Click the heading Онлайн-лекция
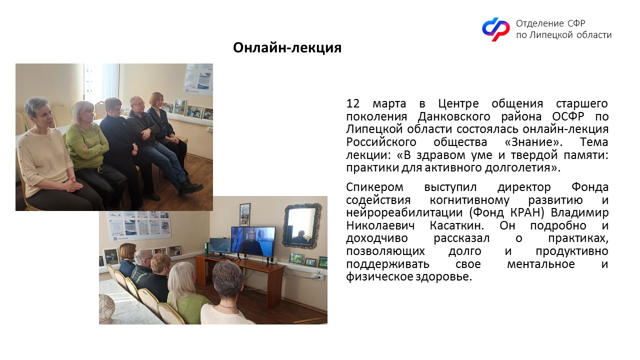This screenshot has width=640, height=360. [x=287, y=47]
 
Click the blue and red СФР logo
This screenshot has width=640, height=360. [x=495, y=29]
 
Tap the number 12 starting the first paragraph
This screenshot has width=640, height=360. [x=353, y=103]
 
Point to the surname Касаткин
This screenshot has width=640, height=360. [x=457, y=225]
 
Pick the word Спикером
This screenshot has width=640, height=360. [x=374, y=187]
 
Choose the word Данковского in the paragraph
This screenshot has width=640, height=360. [x=453, y=116]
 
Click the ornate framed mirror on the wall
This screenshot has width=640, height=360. [x=301, y=225]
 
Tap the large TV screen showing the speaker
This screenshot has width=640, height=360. [x=253, y=241]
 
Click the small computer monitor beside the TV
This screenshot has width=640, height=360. [x=220, y=246]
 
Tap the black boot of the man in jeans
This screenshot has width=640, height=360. [x=190, y=186]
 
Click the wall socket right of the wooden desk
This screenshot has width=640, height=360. [x=317, y=276]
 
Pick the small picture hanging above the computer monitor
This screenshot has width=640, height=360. [x=245, y=214]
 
